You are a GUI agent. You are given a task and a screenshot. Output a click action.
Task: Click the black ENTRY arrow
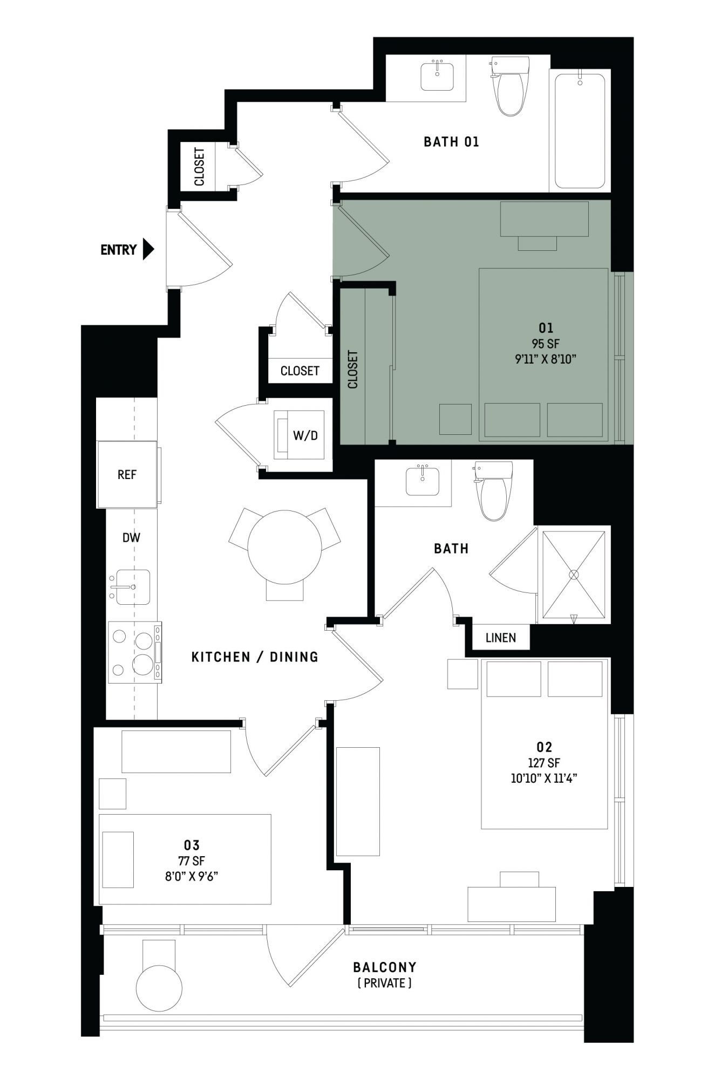pyautogui.click(x=148, y=249)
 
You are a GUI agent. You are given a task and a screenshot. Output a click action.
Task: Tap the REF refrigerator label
pyautogui.click(x=127, y=475)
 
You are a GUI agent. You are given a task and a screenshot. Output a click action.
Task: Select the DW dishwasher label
pyautogui.click(x=131, y=537)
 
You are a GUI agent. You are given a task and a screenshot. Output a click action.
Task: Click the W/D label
pyautogui.click(x=305, y=435)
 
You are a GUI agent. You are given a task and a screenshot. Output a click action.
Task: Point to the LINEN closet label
pyautogui.click(x=501, y=638)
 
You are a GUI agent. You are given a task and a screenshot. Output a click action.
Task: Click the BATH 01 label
pyautogui.click(x=451, y=142)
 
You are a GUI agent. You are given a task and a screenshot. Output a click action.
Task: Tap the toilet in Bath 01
pyautogui.click(x=509, y=86)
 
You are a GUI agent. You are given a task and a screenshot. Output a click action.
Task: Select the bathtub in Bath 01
pyautogui.click(x=580, y=131)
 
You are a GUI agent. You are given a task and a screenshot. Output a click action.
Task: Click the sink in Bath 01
pyautogui.click(x=437, y=76)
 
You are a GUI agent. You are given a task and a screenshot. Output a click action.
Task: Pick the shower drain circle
pyautogui.click(x=574, y=575)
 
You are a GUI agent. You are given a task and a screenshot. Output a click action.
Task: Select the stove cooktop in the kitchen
pyautogui.click(x=134, y=652)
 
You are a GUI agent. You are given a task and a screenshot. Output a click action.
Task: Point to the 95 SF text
pyautogui.click(x=546, y=343)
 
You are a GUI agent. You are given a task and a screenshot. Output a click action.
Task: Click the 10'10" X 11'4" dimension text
pyautogui.click(x=544, y=778)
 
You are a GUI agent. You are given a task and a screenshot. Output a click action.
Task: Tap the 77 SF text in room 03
pyautogui.click(x=192, y=862)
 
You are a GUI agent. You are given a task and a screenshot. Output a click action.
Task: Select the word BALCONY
pyautogui.click(x=385, y=967)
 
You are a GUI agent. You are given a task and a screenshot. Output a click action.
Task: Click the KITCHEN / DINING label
pyautogui.click(x=255, y=657)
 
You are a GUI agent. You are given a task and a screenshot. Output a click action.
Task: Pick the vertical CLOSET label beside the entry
pyautogui.click(x=199, y=167)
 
